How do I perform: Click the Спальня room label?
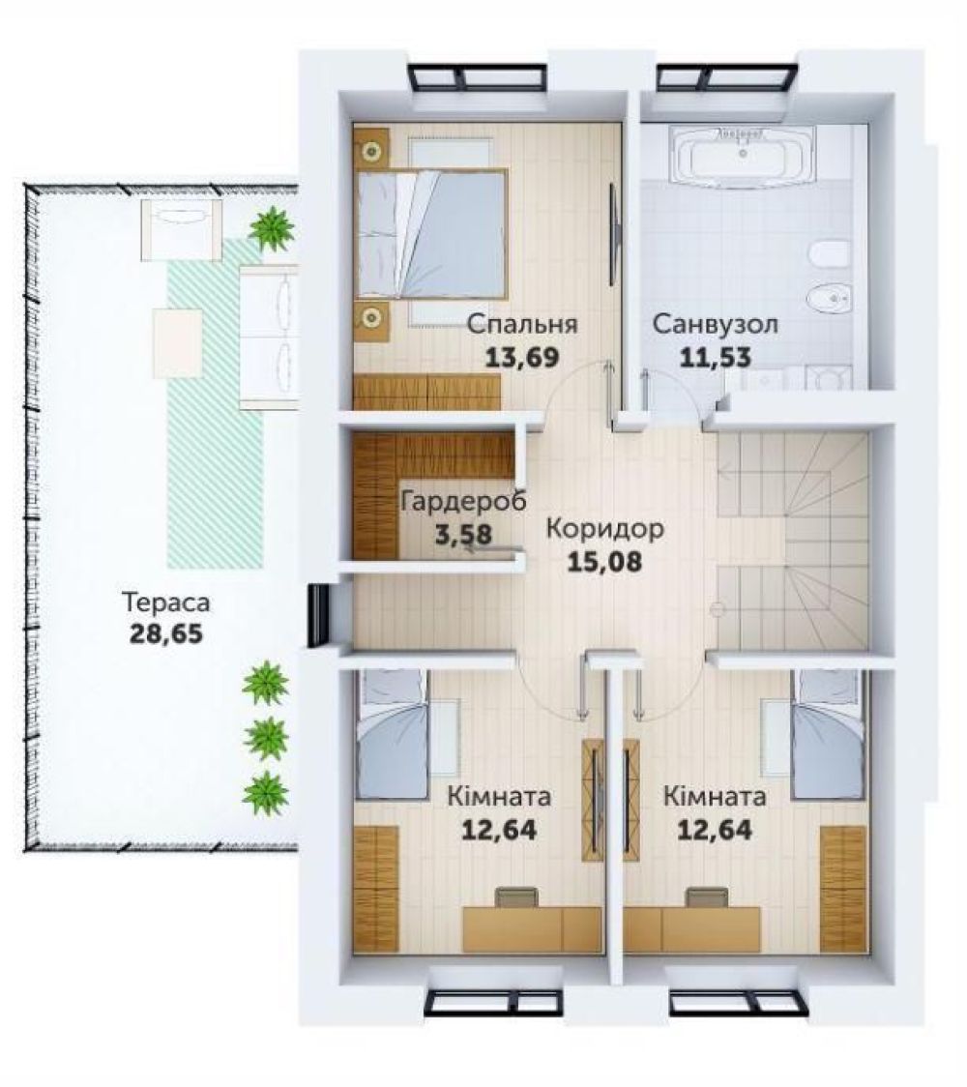[521, 324]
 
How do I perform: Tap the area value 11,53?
[716, 357]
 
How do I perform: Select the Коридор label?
[604, 528]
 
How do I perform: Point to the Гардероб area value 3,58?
[463, 535]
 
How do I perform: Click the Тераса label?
[165, 602]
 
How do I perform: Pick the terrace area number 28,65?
[165, 633]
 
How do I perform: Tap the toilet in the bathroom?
[829, 254]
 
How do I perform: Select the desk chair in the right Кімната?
[707, 897]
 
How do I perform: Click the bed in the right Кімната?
[829, 733]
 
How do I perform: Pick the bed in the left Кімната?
[393, 733]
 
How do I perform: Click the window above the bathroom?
[727, 77]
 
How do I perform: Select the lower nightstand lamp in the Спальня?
[372, 317]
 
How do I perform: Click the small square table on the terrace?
[178, 342]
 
